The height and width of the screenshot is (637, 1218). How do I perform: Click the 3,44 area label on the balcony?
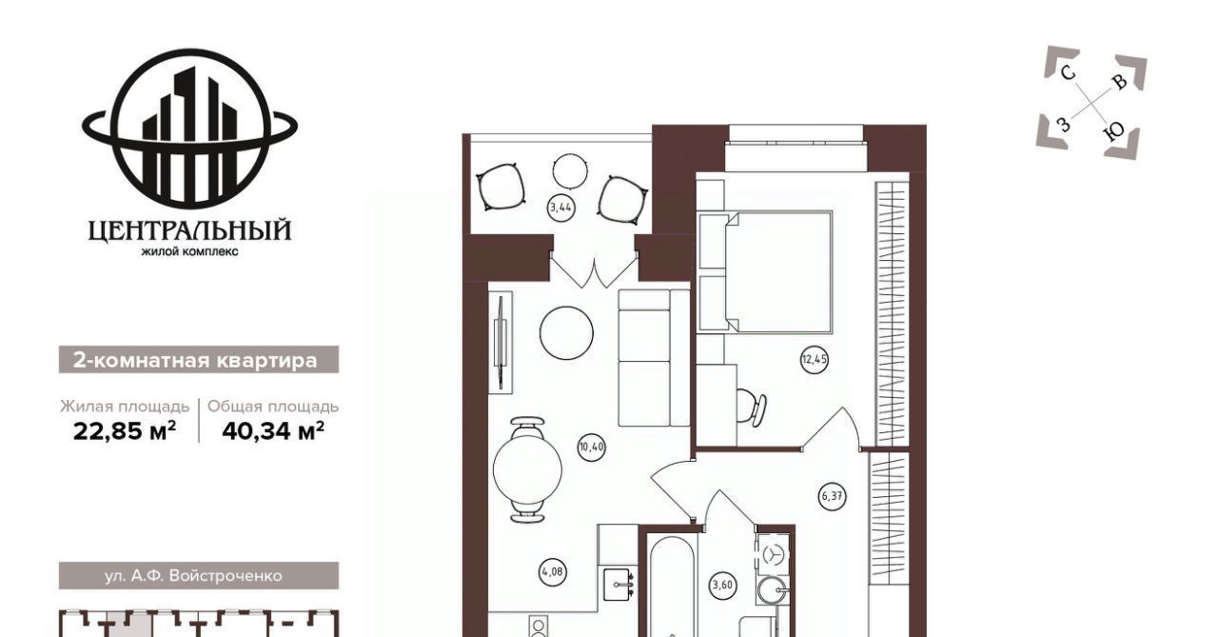[x=561, y=208]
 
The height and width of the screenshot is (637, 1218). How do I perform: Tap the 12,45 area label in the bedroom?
[x=814, y=360]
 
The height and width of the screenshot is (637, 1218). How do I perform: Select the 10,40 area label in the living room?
[x=592, y=448]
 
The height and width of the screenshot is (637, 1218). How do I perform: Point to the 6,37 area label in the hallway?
[x=833, y=496]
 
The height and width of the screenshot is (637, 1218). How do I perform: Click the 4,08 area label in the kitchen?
[x=552, y=571]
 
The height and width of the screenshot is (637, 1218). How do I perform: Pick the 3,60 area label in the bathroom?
[x=722, y=586]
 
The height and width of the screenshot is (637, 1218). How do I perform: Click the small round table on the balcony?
[x=570, y=170]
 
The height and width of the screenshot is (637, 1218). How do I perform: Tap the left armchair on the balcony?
[x=501, y=187]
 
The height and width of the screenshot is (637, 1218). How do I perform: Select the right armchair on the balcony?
[x=622, y=200]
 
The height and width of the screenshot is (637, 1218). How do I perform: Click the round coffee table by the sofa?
[x=566, y=333]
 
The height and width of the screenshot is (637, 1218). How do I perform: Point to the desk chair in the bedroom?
[x=753, y=408]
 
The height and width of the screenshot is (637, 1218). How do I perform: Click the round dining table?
[x=527, y=470]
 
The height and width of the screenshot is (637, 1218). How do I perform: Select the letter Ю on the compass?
[x=1114, y=132]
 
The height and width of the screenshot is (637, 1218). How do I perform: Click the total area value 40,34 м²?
[x=273, y=431]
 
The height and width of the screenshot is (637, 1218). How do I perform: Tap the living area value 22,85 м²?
[x=125, y=431]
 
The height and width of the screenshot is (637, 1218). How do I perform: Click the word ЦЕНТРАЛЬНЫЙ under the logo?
[x=189, y=230]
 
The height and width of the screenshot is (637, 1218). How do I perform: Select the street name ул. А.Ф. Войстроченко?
[x=193, y=576]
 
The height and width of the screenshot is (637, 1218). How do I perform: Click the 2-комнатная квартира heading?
[x=195, y=361]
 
